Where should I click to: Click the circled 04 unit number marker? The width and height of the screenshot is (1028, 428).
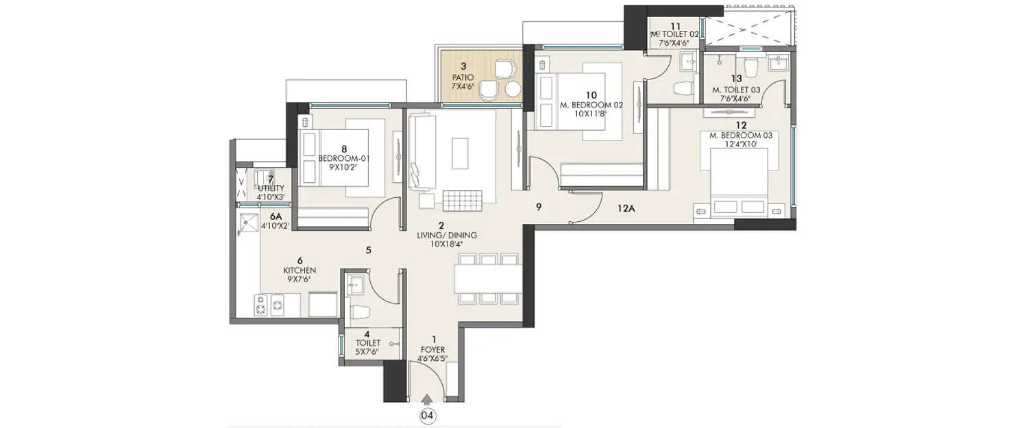coord(428,415)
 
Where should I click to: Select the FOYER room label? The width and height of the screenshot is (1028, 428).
coord(432,347)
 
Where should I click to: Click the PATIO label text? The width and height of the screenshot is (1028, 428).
coord(464,77)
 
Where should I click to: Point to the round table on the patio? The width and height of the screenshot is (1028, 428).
coord(512,90)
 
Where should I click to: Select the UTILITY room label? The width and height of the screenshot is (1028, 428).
coord(271,188)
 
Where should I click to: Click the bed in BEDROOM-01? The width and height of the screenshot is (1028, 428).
coord(343,158)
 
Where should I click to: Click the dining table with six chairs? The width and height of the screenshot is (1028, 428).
coord(487,279)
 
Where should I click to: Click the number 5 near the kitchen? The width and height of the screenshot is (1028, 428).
coord(368,251)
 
